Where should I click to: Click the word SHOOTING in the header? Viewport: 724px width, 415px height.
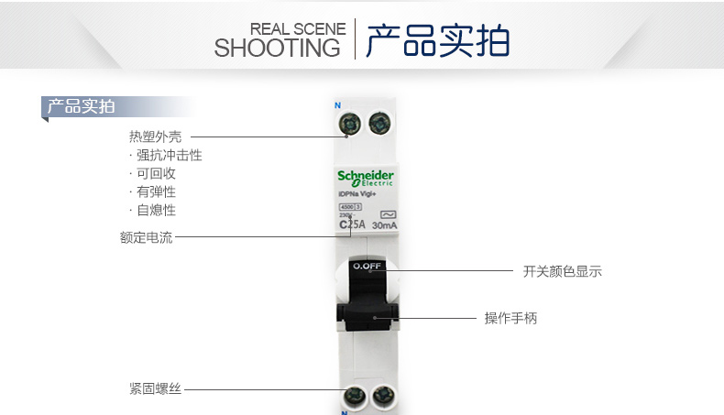pos(277,48)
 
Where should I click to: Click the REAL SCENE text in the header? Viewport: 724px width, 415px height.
pos(298,29)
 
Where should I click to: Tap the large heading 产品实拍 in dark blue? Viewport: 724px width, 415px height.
pos(437,41)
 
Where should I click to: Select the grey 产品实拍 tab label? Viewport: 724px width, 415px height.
pos(81,106)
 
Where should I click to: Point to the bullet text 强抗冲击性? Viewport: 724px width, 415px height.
pos(169,155)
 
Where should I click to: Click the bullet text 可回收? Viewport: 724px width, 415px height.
pos(156,173)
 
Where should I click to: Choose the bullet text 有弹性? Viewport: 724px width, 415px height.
pos(156,191)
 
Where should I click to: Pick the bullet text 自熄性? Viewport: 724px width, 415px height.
pos(156,210)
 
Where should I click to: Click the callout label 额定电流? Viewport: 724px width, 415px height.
pos(146,237)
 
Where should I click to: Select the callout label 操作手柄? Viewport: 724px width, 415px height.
pos(510,318)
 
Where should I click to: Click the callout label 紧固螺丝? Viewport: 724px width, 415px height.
pos(155,388)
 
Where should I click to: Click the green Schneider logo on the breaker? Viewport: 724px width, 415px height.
pos(365,176)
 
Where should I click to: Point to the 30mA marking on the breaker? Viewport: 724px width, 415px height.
pos(385,225)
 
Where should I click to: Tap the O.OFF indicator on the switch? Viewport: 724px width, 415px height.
pos(366,267)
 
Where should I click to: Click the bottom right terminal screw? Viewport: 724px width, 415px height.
pos(382,397)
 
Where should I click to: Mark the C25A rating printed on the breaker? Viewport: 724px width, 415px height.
pos(351,224)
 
